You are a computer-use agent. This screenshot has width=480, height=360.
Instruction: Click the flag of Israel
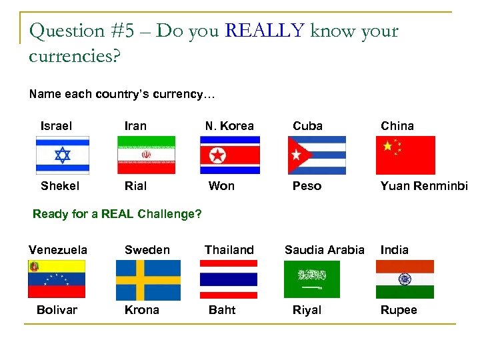[62, 155]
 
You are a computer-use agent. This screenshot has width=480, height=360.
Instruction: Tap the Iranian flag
[146, 155]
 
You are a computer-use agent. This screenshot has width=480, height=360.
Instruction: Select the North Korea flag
[229, 155]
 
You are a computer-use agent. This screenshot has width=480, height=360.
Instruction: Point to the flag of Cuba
[317, 155]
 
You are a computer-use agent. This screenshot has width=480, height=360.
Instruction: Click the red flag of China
[405, 155]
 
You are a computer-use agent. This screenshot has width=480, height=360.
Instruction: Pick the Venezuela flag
[57, 279]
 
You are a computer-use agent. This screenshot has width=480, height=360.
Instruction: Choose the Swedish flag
[148, 280]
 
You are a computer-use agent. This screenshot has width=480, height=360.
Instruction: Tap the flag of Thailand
[229, 279]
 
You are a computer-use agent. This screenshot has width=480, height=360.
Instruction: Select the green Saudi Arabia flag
[311, 279]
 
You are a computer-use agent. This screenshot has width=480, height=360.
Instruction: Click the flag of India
[405, 279]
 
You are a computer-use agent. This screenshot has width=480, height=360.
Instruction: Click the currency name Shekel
[60, 186]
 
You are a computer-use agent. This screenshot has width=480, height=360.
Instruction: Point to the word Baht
[222, 310]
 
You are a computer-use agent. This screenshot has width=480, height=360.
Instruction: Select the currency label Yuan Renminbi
[424, 186]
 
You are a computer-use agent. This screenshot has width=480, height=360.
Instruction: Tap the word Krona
[142, 310]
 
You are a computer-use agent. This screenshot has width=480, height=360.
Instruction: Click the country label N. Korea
[229, 126]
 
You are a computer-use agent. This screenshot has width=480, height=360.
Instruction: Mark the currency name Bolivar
[57, 310]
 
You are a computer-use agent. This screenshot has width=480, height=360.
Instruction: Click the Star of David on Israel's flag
[62, 155]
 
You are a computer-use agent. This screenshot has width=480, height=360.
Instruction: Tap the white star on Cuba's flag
[295, 155]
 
